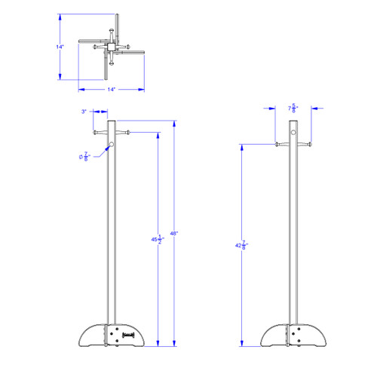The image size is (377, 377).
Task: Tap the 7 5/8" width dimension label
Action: [293, 109]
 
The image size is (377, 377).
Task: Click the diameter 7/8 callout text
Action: [84, 156]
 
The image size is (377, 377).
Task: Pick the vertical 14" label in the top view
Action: [60, 47]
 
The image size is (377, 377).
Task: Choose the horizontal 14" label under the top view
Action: [111, 90]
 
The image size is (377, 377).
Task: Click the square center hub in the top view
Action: [110, 48]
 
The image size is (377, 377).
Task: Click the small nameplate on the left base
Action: [129, 329]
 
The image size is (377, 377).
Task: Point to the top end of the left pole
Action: [112, 121]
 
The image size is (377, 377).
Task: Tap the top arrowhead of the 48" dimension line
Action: [174, 122]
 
